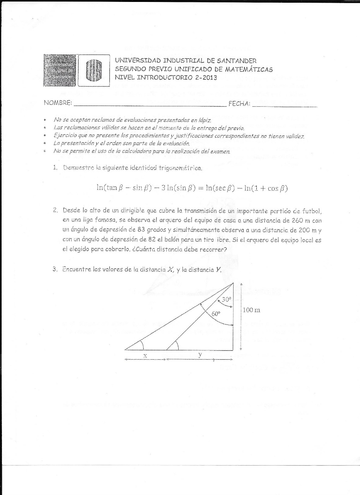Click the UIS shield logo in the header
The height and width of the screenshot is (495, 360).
pos(94,71)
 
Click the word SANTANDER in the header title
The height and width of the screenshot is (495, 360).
pos(236,61)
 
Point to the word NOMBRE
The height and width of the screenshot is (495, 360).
pos(58,103)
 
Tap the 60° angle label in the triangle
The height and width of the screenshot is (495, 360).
pos(216,314)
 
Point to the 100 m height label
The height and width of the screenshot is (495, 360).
pos(252,310)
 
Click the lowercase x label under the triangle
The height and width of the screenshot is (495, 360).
pos(145,355)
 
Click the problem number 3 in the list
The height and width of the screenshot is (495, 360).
pos(55,270)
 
